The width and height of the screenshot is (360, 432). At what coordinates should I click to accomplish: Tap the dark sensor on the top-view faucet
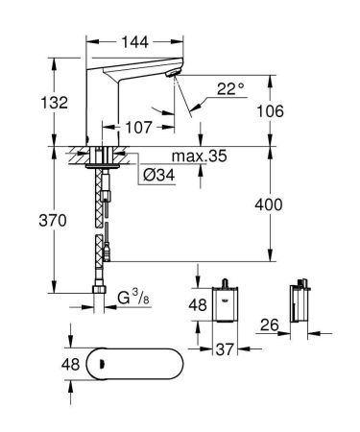click(93, 362)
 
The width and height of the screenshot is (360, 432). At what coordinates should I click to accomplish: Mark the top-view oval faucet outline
click(125, 362)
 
